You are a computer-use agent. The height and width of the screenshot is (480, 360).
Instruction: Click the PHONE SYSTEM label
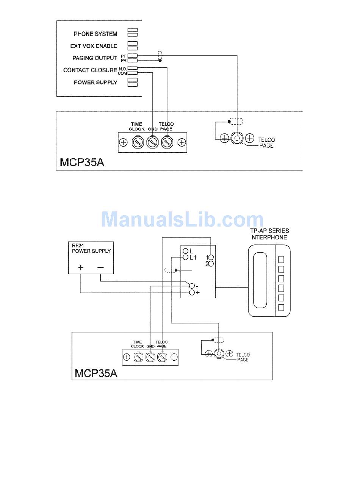tap(95, 34)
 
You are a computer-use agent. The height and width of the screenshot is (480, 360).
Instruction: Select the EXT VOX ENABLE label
tap(94, 46)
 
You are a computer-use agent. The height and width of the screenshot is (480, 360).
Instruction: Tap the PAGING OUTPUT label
tap(95, 58)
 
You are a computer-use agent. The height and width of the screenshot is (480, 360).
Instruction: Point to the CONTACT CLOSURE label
tap(90, 70)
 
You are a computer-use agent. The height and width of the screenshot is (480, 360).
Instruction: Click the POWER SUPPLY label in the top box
tap(95, 82)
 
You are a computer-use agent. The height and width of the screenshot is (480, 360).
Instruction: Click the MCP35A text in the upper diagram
tap(82, 162)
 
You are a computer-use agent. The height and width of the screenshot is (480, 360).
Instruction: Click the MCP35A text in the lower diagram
tap(96, 373)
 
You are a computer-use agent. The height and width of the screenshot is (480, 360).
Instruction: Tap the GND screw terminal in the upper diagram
tap(152, 142)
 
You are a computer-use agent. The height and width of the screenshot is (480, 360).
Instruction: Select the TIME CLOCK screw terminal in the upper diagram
tap(137, 142)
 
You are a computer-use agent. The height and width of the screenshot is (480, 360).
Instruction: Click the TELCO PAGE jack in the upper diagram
tap(237, 138)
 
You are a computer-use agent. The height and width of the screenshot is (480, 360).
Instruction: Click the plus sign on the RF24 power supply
tap(80, 267)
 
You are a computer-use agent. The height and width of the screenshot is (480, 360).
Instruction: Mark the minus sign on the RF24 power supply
tap(100, 267)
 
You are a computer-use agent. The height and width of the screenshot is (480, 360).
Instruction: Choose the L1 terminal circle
tap(186, 258)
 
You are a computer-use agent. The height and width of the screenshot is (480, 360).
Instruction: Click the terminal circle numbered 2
tap(211, 264)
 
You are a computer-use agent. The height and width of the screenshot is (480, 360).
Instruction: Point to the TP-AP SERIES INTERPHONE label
tap(269, 234)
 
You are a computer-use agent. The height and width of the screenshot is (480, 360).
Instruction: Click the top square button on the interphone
tap(281, 260)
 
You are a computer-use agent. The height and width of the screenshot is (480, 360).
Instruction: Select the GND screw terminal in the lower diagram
tap(150, 356)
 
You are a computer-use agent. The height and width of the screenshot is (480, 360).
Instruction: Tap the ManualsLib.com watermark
tap(182, 220)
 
